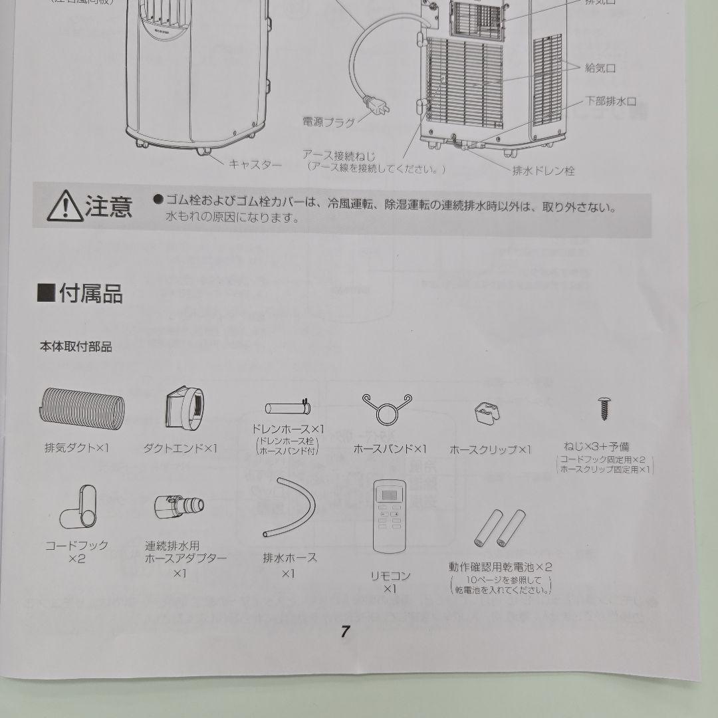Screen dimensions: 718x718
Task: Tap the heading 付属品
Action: point(80,293)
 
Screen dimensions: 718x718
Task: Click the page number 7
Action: point(345,632)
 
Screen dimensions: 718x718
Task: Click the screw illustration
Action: point(604,408)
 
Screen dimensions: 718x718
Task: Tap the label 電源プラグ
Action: point(328,122)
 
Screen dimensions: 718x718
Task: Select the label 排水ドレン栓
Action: point(542,171)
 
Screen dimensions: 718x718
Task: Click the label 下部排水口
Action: point(610,101)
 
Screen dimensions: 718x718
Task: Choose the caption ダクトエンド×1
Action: point(180,449)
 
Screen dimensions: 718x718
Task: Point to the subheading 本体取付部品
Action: point(75,346)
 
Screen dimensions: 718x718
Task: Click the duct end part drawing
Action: point(186,407)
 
